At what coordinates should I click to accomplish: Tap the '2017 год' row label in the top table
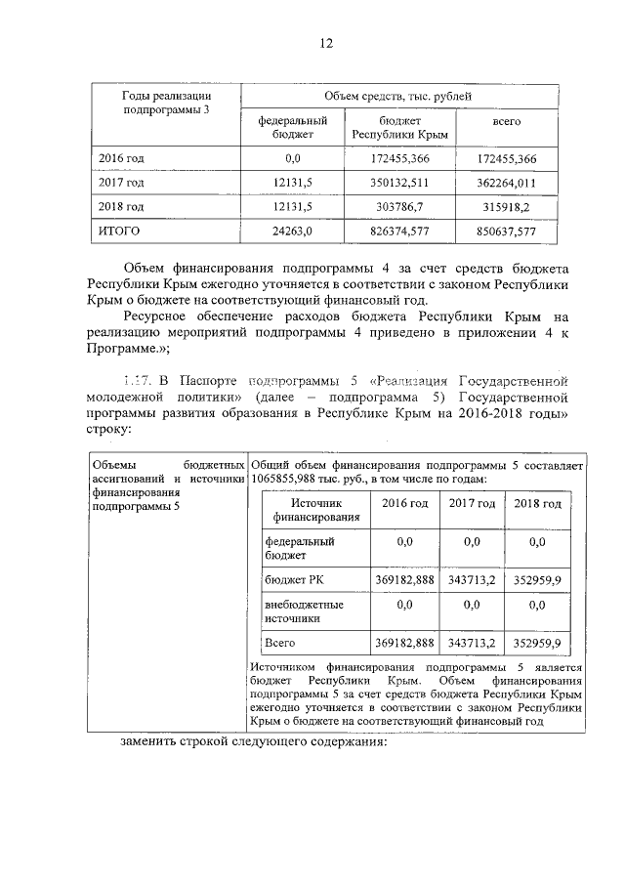122,183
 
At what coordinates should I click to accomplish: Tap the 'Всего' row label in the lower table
280,643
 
